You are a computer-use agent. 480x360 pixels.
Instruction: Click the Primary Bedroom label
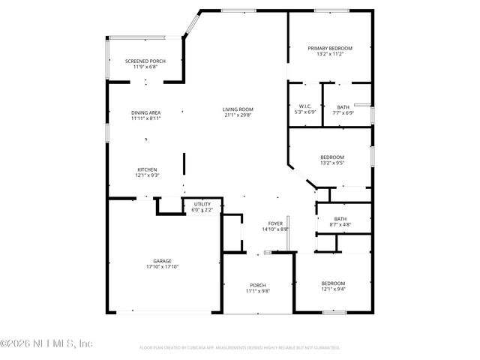click(x=330, y=48)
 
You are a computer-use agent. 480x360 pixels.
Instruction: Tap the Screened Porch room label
click(x=145, y=61)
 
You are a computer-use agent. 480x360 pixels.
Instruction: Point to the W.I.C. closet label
click(x=304, y=106)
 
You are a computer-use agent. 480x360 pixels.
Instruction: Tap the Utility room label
click(x=202, y=204)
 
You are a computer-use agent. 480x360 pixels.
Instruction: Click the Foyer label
click(x=275, y=223)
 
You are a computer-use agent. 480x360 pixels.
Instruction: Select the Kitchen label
click(x=146, y=169)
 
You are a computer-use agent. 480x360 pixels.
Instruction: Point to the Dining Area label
click(x=146, y=112)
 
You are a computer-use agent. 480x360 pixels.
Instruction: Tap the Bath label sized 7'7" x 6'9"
click(x=343, y=106)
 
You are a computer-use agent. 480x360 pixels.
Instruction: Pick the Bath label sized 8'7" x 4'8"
click(x=340, y=219)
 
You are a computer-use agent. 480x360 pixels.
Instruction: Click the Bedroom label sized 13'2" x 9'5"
click(x=332, y=157)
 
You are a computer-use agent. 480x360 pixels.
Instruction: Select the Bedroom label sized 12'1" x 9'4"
click(x=333, y=283)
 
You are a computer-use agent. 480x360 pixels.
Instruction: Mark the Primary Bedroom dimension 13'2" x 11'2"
click(x=330, y=54)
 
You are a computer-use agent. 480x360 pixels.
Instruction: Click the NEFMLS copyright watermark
click(x=46, y=343)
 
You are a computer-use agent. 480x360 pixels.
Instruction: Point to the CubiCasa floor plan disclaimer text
click(x=239, y=348)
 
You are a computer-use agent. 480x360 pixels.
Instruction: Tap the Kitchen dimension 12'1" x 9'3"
click(x=146, y=175)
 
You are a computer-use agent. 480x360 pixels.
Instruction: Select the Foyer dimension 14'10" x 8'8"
click(x=275, y=229)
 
